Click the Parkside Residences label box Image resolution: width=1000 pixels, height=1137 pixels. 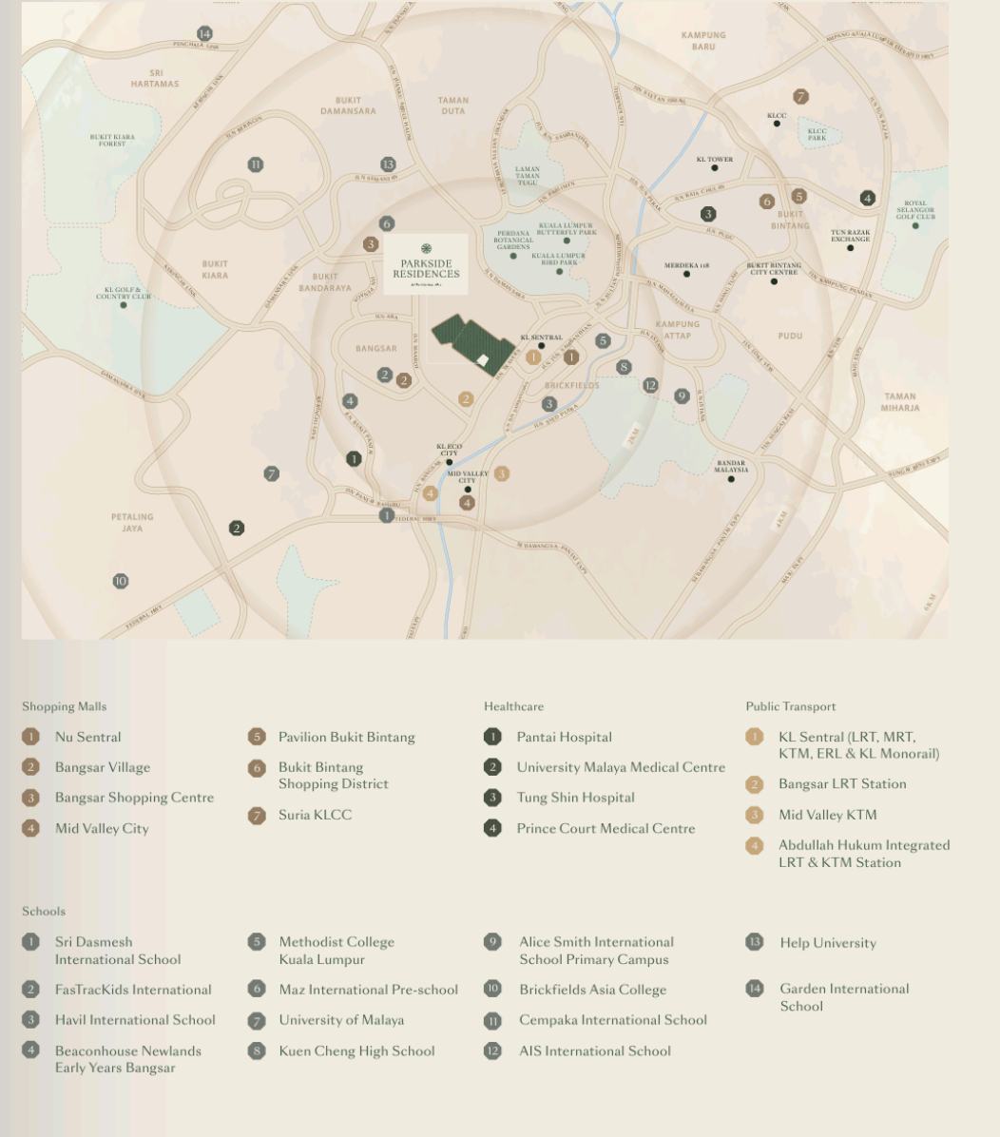(426, 263)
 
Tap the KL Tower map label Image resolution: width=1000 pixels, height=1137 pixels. (715, 159)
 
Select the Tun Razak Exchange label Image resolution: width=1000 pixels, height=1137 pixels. (850, 235)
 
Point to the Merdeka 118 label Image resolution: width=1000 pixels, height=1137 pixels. (686, 265)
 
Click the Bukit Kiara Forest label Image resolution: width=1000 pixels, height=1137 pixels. (112, 140)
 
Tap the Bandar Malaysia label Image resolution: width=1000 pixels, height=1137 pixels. (731, 466)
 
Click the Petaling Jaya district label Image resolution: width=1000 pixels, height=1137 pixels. (132, 522)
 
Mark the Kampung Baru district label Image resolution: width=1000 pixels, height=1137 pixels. (703, 40)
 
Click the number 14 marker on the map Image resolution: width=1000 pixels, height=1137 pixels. (204, 34)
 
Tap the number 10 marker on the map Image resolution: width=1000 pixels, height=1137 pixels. (121, 581)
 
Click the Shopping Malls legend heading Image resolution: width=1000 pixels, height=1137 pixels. (65, 706)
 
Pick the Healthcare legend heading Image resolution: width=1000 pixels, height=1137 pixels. (513, 706)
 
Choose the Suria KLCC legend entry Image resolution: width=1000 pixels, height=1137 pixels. (315, 815)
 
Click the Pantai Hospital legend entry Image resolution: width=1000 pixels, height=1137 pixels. (564, 737)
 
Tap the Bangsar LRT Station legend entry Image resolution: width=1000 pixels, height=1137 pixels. (841, 784)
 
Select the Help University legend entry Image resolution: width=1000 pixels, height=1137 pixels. (827, 943)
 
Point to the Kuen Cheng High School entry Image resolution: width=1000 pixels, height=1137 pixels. (356, 1050)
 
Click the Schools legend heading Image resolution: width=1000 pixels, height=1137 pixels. (44, 912)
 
